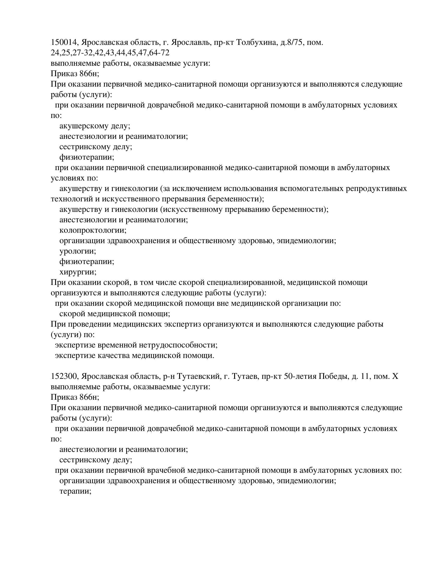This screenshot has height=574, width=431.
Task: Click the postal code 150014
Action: [64, 42]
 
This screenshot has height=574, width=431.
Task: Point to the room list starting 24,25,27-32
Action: [110, 53]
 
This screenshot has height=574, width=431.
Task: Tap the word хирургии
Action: [78, 272]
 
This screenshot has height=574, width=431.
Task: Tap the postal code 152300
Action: [64, 376]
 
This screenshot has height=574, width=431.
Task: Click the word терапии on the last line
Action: [75, 491]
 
